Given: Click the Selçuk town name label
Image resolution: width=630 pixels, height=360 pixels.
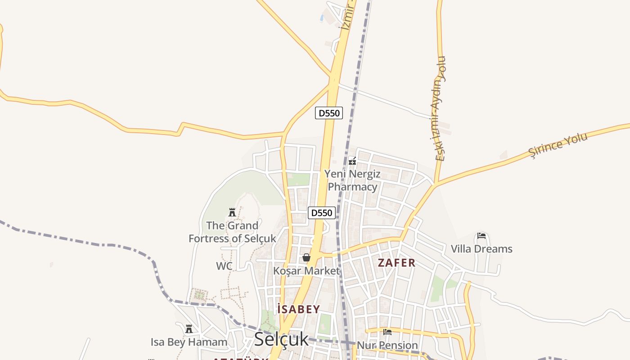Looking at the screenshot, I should coord(281,339).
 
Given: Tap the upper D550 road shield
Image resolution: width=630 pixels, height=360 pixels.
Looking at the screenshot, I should coord(329,113).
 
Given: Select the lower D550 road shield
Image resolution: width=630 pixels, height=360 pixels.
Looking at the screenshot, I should coord(322,213).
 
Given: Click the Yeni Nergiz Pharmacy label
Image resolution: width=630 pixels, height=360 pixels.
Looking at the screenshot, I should coord(352,180).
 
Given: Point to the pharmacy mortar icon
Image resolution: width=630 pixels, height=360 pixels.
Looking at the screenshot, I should coord(352,161).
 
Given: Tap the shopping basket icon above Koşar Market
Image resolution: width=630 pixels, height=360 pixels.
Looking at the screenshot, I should coord(306,257).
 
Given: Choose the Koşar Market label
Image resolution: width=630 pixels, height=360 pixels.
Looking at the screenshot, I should coord(306,271).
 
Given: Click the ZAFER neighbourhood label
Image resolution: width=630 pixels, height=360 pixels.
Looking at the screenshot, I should coord(396,263).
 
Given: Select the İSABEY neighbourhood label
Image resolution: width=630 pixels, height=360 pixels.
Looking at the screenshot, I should coord(298,309).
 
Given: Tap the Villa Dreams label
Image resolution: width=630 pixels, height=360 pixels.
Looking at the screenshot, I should coord(481,249).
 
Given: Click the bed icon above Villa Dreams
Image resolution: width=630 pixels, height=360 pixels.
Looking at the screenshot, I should coord(481,236).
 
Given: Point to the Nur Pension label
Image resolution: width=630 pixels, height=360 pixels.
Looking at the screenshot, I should coord(387,346).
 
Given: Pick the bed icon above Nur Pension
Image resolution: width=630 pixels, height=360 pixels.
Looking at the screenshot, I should coord(387,333).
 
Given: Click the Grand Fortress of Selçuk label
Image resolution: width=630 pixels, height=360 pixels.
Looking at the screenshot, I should coord(232,232).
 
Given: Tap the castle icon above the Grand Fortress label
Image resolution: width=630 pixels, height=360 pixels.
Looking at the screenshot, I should coord(232,212).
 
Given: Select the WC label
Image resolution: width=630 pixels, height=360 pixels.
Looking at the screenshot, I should coord(224,266).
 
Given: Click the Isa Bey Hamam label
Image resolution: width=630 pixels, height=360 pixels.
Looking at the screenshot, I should coord(189,342).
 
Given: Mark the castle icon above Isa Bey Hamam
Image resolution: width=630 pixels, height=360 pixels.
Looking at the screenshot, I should coord(189,329).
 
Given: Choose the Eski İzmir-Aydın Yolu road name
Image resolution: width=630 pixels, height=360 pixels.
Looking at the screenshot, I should coord(441,108).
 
